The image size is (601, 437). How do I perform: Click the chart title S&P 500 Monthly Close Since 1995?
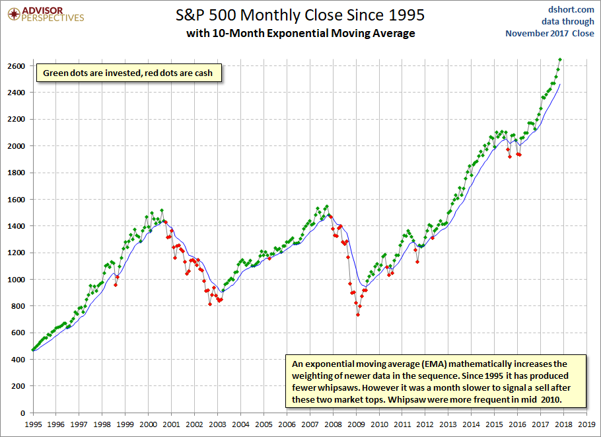(300, 15)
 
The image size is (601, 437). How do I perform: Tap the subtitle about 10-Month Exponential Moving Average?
(300, 33)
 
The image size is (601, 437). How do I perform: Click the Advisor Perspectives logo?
(46, 15)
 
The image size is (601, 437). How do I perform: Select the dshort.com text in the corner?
(571, 9)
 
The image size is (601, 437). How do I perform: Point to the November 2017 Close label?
(549, 33)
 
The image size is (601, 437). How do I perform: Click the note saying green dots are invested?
(127, 73)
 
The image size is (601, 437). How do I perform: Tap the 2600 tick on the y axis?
(16, 66)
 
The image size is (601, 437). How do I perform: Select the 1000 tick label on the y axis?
(16, 279)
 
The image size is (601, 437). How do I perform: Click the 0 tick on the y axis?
(22, 413)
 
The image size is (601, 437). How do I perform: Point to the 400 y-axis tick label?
(18, 360)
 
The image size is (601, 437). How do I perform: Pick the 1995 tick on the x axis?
(32, 424)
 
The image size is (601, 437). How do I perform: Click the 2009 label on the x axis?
(356, 424)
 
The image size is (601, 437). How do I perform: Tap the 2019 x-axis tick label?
(587, 424)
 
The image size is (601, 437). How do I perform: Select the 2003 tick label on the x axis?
(217, 424)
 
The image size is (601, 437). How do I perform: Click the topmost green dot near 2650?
(560, 60)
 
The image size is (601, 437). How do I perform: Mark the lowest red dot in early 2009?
(357, 315)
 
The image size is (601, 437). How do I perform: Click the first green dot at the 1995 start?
(32, 350)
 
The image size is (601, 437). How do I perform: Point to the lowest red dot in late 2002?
(210, 304)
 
